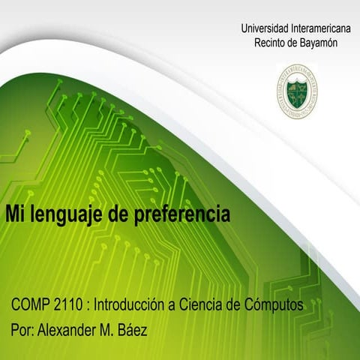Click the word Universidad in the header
click(x=264, y=28)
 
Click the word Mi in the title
click(x=15, y=214)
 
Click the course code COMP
click(x=31, y=306)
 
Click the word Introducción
click(x=136, y=306)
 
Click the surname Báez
click(x=135, y=329)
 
